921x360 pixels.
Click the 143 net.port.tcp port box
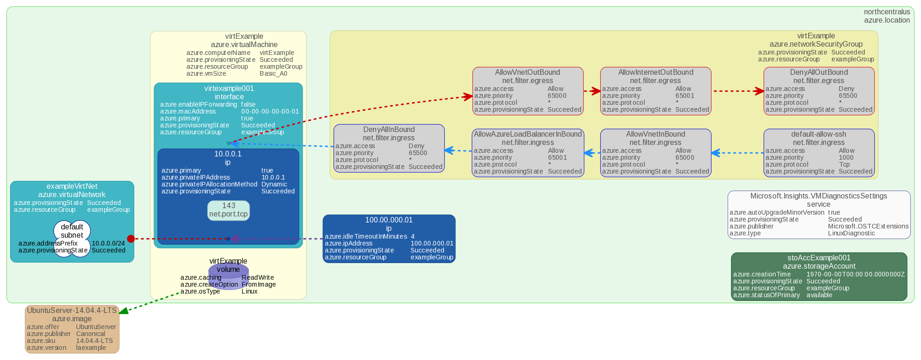click(x=228, y=210)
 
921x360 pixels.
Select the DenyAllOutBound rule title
click(x=819, y=72)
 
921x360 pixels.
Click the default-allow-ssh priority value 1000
click(x=846, y=157)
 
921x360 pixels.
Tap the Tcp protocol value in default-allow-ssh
click(x=844, y=164)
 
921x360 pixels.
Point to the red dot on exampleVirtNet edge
click(x=131, y=239)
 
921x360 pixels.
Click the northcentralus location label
click(x=886, y=12)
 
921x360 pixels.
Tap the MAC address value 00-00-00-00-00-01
click(x=270, y=111)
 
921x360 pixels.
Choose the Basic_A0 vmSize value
click(x=273, y=73)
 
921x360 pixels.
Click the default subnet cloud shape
click(x=72, y=231)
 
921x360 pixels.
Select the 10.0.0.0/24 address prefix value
click(x=108, y=243)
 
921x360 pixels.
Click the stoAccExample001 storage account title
click(x=819, y=258)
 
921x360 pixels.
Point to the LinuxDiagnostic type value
click(x=851, y=233)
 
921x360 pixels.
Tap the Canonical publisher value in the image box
click(x=90, y=334)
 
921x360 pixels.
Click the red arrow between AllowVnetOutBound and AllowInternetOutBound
click(x=592, y=91)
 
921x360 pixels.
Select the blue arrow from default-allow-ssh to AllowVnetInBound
click(x=737, y=153)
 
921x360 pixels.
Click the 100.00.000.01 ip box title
click(x=389, y=220)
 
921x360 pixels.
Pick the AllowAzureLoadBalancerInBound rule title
click(x=527, y=134)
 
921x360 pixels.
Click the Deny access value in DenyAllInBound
click(x=416, y=146)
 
